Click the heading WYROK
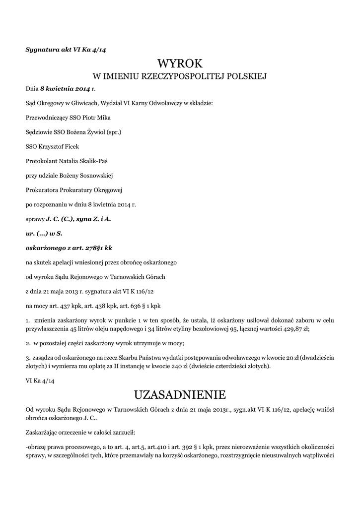pyautogui.click(x=180, y=63)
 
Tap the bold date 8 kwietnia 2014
pyautogui.click(x=65, y=89)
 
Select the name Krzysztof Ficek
pyautogui.click(x=58, y=146)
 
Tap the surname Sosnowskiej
pyautogui.click(x=94, y=175)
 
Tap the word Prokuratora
pyautogui.click(x=41, y=190)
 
